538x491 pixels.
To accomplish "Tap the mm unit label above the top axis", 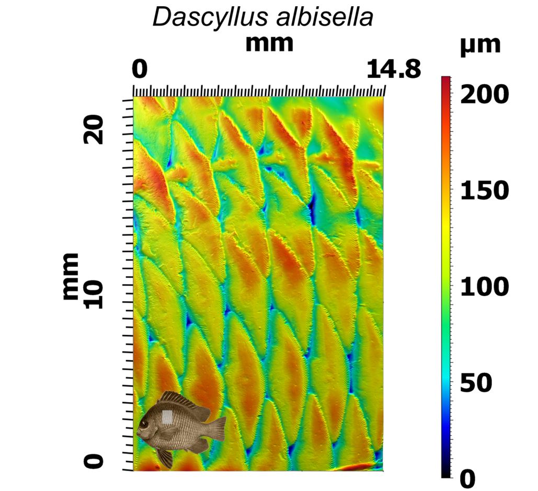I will [x=269, y=44].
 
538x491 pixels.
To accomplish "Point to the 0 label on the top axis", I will [x=139, y=69].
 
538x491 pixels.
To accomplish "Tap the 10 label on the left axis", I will [x=94, y=293].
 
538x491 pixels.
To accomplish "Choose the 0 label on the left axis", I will [x=94, y=461].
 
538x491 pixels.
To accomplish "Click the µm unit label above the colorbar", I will [x=480, y=45].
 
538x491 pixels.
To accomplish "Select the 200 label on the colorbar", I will [x=484, y=95].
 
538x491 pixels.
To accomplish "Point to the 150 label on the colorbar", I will [x=484, y=191].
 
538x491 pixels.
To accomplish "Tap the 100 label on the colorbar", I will [x=484, y=287].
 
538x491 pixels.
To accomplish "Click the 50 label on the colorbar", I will [x=476, y=383].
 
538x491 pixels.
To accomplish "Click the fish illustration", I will [x=180, y=426].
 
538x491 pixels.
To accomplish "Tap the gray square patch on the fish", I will [x=167, y=417].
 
